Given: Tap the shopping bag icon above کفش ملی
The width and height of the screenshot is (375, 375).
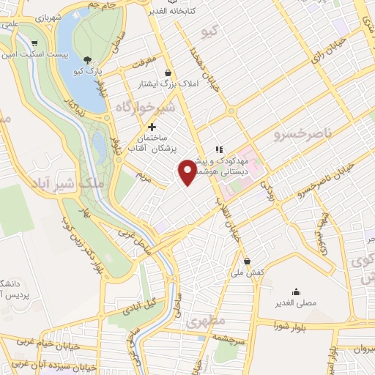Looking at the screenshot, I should [248, 261].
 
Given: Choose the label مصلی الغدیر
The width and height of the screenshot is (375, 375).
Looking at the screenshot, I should [295, 302].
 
